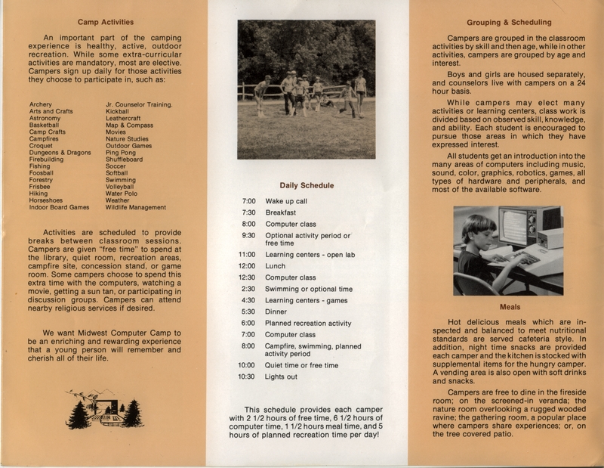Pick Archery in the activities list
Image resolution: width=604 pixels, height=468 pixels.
point(41,104)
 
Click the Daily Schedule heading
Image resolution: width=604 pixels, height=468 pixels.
point(307,184)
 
